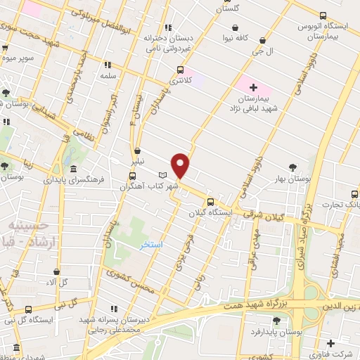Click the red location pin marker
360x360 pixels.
pos(181,165)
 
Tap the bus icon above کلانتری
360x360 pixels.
pos(181,70)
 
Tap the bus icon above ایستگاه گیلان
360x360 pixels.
pos(210,202)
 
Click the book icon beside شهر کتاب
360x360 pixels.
pos(163,174)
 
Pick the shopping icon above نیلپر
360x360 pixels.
pos(138,150)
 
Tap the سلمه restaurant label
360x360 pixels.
pos(108,74)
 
